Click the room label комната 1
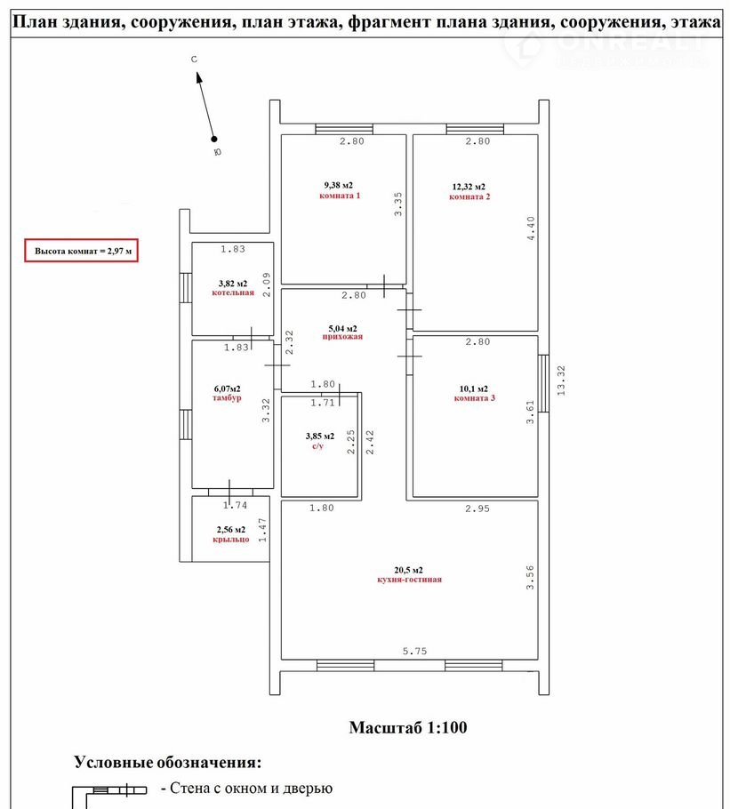pyautogui.click(x=340, y=196)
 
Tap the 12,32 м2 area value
pyautogui.click(x=469, y=187)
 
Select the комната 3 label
pyautogui.click(x=475, y=397)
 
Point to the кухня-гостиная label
pyautogui.click(x=410, y=580)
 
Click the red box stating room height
pyautogui.click(x=82, y=251)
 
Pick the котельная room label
pyautogui.click(x=233, y=292)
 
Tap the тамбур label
pyautogui.click(x=227, y=397)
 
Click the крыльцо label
pyautogui.click(x=231, y=539)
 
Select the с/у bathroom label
pyautogui.click(x=317, y=445)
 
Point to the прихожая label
pyautogui.click(x=342, y=337)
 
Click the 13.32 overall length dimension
pyautogui.click(x=561, y=380)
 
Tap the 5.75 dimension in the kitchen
pyautogui.click(x=414, y=651)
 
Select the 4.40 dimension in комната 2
pyautogui.click(x=531, y=228)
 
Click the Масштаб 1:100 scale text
pyautogui.click(x=408, y=727)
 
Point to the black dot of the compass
pyautogui.click(x=214, y=139)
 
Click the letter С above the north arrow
pyautogui.click(x=194, y=60)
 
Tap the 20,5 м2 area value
pyautogui.click(x=409, y=570)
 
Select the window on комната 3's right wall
pyautogui.click(x=543, y=383)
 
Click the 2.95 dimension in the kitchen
pyautogui.click(x=477, y=509)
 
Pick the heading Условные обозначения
pyautogui.click(x=168, y=762)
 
